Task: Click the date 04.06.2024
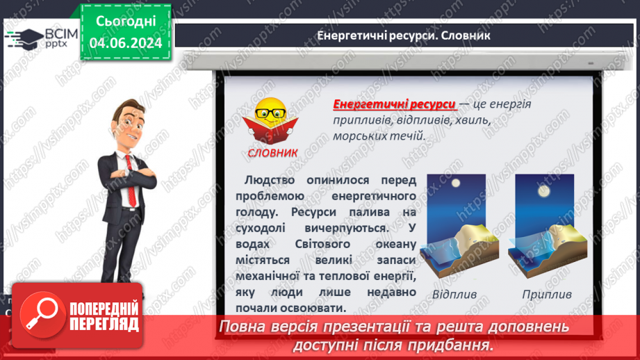coord(125,43)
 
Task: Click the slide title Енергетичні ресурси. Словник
coord(403,35)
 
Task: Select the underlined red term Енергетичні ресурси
coord(394,104)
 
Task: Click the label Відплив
coord(454,294)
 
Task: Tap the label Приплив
coord(547,294)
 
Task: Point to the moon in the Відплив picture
coord(457,184)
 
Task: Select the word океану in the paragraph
coord(393,244)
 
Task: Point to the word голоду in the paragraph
coord(258,212)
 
